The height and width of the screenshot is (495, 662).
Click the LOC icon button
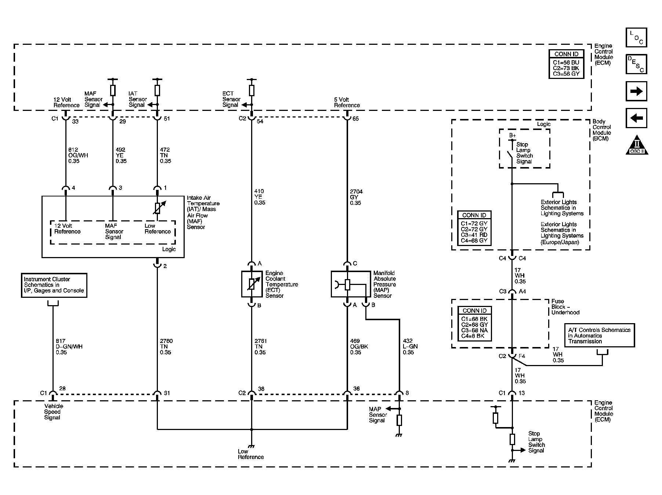click(x=636, y=37)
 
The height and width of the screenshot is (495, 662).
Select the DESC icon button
click(x=636, y=64)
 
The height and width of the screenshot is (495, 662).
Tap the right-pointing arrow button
click(x=636, y=91)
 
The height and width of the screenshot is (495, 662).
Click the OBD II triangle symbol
click(x=637, y=145)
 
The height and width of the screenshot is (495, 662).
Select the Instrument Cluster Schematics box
click(x=54, y=285)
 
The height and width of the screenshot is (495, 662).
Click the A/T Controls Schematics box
click(x=599, y=335)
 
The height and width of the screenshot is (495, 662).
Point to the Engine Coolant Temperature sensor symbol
click(x=252, y=284)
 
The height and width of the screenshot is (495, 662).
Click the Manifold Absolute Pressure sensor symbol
click(x=351, y=284)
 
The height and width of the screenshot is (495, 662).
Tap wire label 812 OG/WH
click(x=78, y=155)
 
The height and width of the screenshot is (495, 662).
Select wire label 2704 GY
click(x=356, y=197)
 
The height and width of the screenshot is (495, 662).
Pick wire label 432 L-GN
click(x=410, y=346)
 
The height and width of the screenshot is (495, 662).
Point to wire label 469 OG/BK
click(x=359, y=346)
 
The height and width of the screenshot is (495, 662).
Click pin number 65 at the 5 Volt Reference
click(x=355, y=119)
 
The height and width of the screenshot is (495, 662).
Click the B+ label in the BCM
click(x=512, y=136)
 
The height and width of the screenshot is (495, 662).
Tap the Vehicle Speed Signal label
click(x=53, y=412)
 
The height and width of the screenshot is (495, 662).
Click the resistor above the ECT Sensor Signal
click(x=252, y=90)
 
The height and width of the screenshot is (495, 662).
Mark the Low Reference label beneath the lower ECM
click(x=250, y=454)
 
